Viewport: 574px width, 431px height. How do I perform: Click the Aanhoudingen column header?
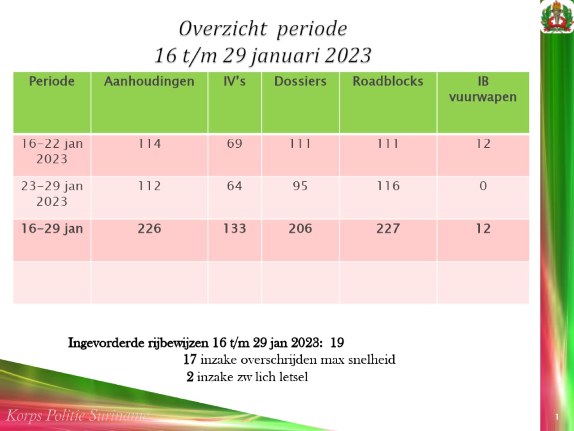pyautogui.click(x=149, y=81)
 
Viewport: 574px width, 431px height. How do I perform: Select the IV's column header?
pyautogui.click(x=235, y=81)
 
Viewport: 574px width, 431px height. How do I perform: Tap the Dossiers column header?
pyautogui.click(x=300, y=81)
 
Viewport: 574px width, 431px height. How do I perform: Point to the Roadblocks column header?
pyautogui.click(x=388, y=81)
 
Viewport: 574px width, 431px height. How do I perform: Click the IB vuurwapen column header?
pyautogui.click(x=483, y=89)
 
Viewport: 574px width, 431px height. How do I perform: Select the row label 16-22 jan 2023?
pyautogui.click(x=52, y=151)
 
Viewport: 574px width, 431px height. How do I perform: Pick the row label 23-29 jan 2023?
pyautogui.click(x=52, y=194)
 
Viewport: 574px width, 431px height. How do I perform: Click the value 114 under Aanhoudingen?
pyautogui.click(x=149, y=144)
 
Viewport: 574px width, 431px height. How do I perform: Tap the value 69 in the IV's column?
pyautogui.click(x=235, y=144)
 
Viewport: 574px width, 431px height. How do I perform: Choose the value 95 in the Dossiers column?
pyautogui.click(x=300, y=186)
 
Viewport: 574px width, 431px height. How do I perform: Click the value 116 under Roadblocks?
pyautogui.click(x=388, y=186)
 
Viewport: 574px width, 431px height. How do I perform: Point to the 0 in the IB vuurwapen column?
pyautogui.click(x=483, y=186)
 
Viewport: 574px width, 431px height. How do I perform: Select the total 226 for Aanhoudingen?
pyautogui.click(x=149, y=229)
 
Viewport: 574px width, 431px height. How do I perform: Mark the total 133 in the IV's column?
pyautogui.click(x=235, y=229)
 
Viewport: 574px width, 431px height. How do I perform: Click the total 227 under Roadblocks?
pyautogui.click(x=388, y=229)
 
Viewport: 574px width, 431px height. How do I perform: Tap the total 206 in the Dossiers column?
pyautogui.click(x=300, y=229)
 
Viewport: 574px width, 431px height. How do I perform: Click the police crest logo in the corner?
pyautogui.click(x=557, y=17)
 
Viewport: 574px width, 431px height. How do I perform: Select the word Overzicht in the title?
pyautogui.click(x=223, y=29)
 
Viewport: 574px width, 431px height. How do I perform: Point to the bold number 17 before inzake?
pyautogui.click(x=190, y=360)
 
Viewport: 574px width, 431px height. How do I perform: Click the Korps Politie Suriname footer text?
pyautogui.click(x=77, y=415)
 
